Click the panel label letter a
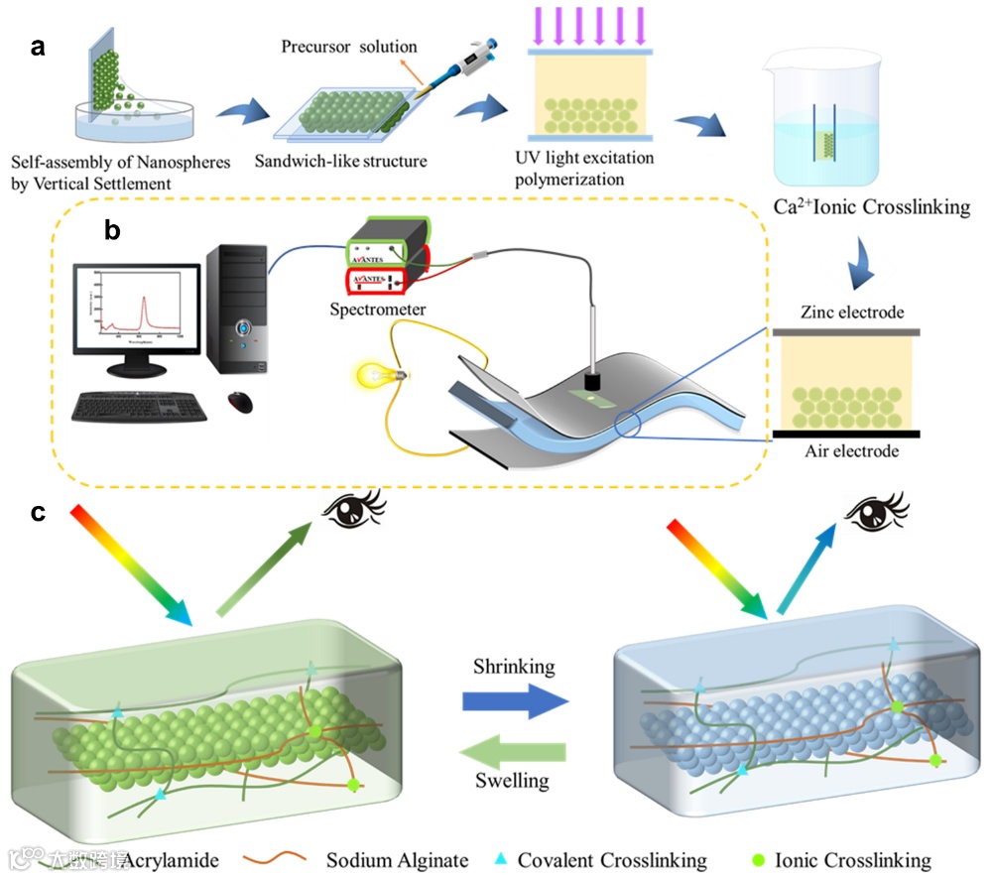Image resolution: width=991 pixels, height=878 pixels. click(x=38, y=48)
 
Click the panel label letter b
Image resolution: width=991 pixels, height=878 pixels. click(x=112, y=231)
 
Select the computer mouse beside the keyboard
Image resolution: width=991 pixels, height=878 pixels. click(x=240, y=402)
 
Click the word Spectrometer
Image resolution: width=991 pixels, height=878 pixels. click(x=378, y=310)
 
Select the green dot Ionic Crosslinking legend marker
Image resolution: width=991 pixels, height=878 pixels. click(x=756, y=857)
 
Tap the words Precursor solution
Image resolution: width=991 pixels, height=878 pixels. click(x=349, y=47)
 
